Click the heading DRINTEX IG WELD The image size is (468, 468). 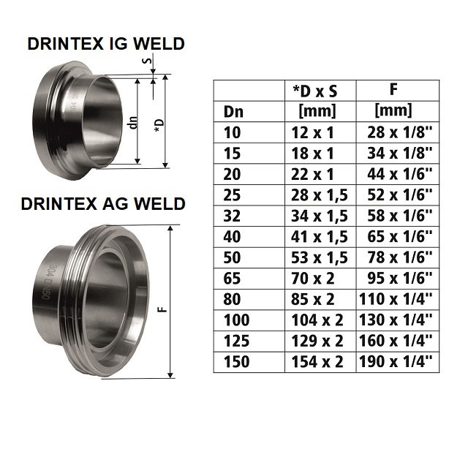(106, 44)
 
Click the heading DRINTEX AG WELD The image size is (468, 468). (103, 204)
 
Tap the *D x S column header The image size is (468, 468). (315, 91)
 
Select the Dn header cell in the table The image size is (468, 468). (233, 112)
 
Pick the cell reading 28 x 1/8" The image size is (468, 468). (400, 132)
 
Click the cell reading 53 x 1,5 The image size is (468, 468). (320, 257)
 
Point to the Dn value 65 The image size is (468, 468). (232, 279)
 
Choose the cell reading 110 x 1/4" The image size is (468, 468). (396, 299)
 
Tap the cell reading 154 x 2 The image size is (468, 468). (317, 362)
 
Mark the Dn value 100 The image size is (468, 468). (236, 320)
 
